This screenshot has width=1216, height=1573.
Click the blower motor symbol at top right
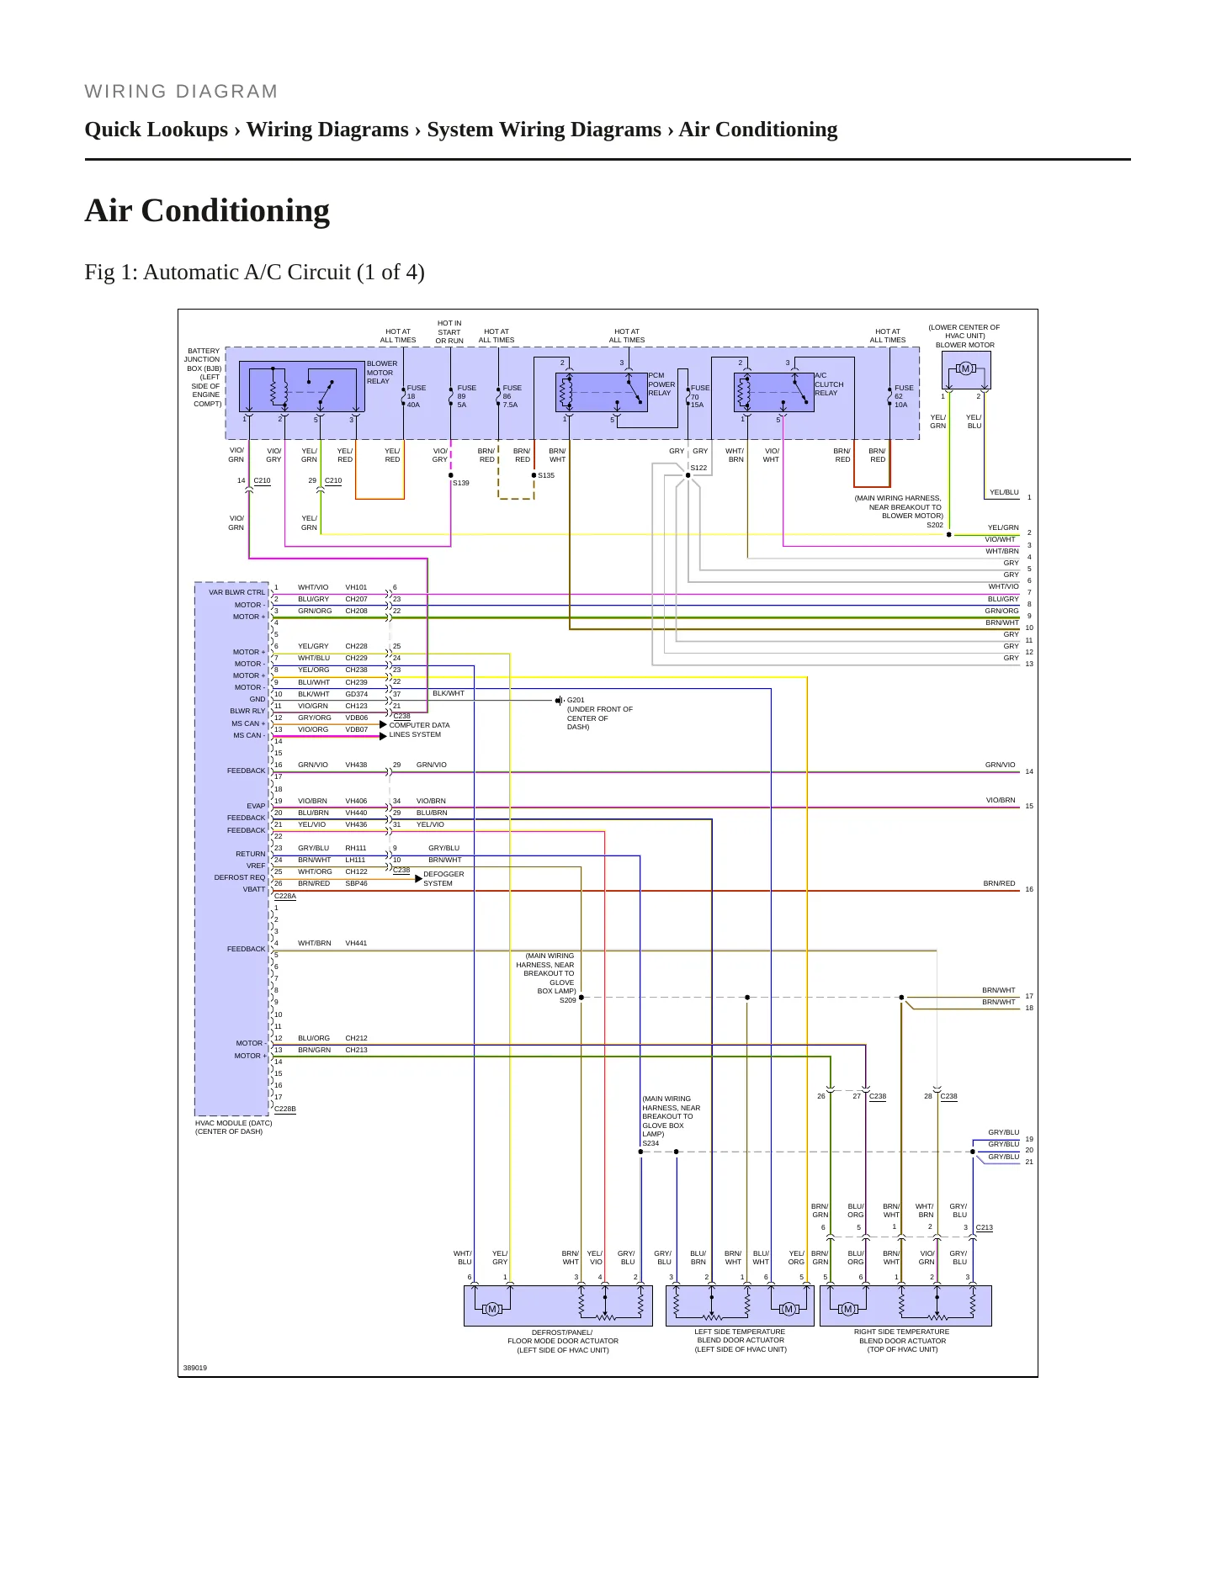(x=965, y=368)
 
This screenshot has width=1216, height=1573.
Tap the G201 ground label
(x=576, y=700)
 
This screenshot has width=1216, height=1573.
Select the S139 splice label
(x=461, y=483)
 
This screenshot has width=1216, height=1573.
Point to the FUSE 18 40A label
(x=417, y=396)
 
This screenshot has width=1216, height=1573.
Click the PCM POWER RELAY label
(x=661, y=384)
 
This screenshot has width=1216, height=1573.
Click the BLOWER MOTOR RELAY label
(x=381, y=373)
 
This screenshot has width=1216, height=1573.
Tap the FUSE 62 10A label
(x=904, y=396)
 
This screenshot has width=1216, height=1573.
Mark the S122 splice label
(x=698, y=468)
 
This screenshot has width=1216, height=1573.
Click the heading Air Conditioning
(x=207, y=210)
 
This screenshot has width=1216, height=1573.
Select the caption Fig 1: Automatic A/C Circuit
(x=254, y=273)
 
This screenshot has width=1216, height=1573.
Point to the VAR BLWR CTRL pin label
(x=237, y=592)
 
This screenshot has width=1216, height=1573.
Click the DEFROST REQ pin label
(x=240, y=877)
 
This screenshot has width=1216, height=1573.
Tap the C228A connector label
(x=285, y=896)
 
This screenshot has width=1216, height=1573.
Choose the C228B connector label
(x=285, y=1109)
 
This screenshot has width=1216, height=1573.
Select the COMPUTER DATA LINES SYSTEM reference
(x=419, y=730)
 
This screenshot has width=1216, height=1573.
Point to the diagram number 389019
(x=195, y=1368)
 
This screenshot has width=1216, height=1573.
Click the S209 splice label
(x=568, y=1000)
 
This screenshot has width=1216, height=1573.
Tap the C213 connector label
(x=984, y=1227)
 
